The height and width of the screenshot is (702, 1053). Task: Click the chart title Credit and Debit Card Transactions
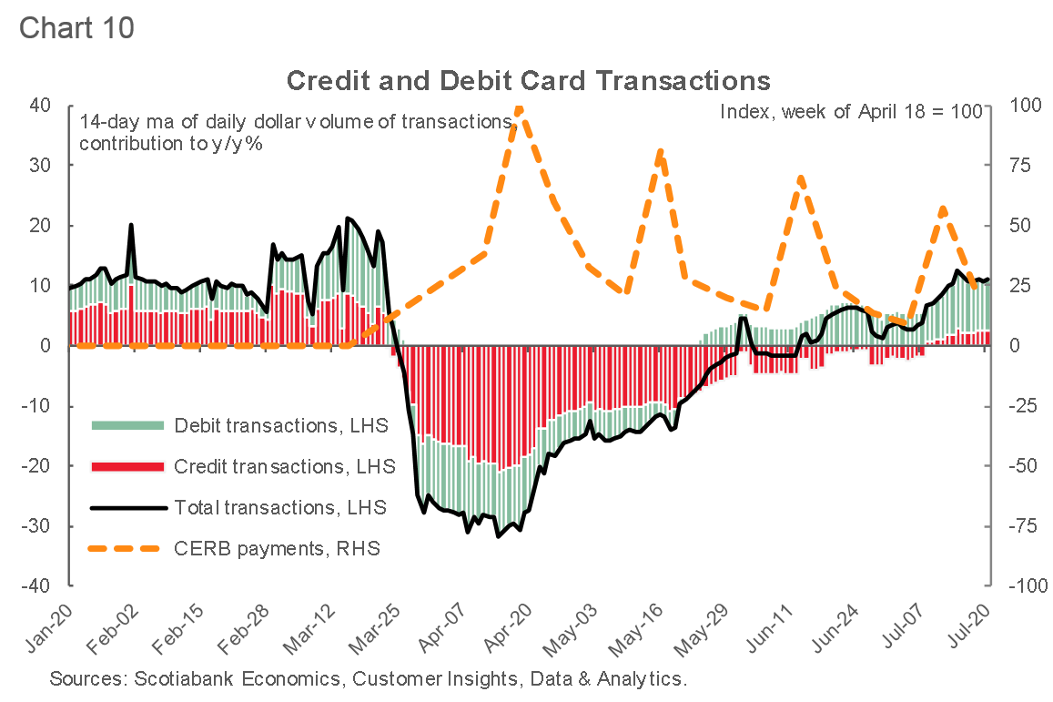click(528, 80)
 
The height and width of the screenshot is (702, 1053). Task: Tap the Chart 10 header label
click(76, 27)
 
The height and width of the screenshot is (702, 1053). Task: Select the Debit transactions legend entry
click(280, 425)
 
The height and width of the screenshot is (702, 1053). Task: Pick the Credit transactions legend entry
click(284, 466)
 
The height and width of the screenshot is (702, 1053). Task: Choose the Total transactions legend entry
click(279, 507)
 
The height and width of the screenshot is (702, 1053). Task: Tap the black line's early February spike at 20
click(131, 225)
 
